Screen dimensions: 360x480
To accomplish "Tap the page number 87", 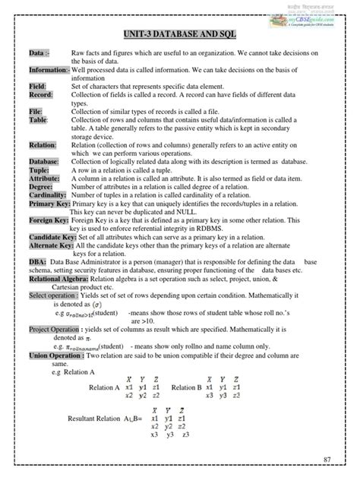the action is [x=327, y=460].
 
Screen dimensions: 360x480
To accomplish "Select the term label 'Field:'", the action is [x=38, y=87].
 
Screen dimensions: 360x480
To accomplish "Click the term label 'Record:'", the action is [x=41, y=95].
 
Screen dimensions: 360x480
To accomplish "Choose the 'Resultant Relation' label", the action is [x=94, y=418].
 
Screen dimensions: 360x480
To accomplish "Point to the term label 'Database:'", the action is [x=44, y=162].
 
